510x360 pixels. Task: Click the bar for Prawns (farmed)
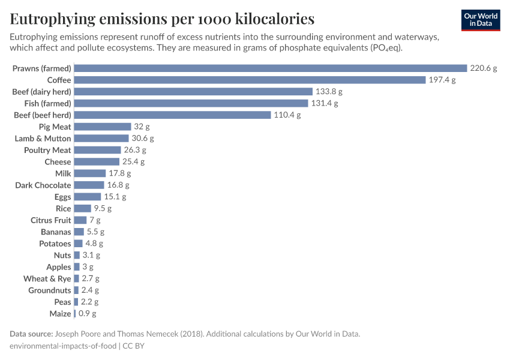click(270, 68)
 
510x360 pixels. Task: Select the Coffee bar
click(248, 80)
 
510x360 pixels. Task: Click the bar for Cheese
click(97, 162)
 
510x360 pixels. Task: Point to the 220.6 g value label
click(483, 68)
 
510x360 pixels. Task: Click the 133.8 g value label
click(329, 92)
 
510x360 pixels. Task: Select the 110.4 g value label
click(287, 115)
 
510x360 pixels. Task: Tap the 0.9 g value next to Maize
click(86, 314)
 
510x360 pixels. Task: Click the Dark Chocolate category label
click(43, 185)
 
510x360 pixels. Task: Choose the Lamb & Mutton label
click(43, 139)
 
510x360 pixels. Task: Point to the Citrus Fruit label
click(51, 220)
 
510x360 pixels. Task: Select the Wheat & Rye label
click(47, 279)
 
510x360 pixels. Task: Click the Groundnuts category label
click(50, 290)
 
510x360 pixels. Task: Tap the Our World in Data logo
click(480, 20)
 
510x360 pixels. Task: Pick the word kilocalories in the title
click(267, 19)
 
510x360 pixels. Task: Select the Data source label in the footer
click(31, 334)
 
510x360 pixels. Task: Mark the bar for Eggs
click(88, 197)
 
